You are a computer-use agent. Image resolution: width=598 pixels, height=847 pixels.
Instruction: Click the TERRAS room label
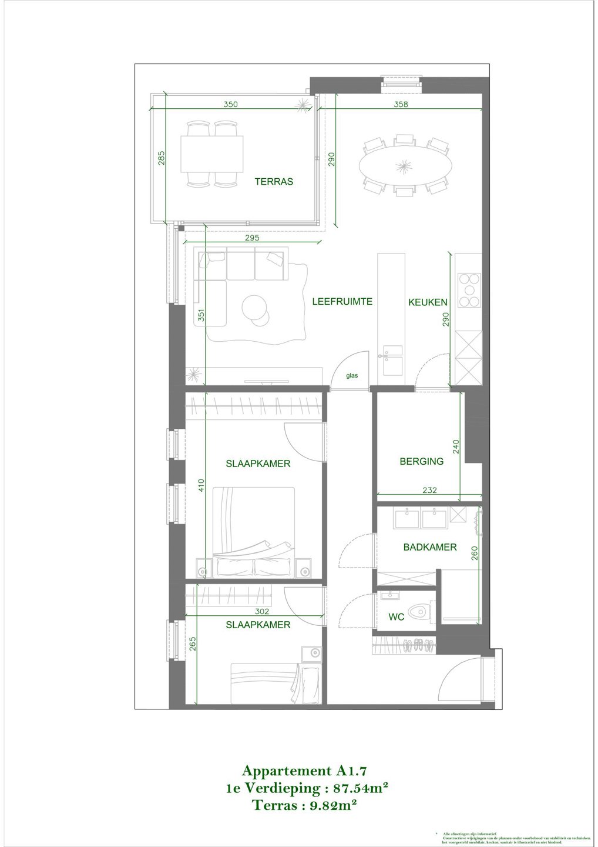click(274, 182)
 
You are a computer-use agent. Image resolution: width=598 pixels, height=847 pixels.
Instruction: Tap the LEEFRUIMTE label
click(342, 302)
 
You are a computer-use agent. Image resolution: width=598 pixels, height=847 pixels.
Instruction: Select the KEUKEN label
click(428, 302)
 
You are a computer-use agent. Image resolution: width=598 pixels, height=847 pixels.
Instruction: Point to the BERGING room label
click(421, 462)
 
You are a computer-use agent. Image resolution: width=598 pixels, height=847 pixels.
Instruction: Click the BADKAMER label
click(429, 547)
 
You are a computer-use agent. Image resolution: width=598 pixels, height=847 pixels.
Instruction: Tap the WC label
click(396, 618)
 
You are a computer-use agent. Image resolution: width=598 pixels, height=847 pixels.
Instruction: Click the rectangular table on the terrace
click(211, 154)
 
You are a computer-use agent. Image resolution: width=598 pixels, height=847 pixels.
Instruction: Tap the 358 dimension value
click(401, 105)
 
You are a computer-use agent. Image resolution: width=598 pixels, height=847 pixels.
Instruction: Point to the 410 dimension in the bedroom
click(201, 486)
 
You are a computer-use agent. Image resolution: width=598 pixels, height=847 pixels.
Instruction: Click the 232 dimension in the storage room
click(429, 490)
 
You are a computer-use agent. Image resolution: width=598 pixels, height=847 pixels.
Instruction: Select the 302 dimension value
click(254, 612)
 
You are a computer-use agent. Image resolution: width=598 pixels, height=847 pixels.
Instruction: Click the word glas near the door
click(352, 375)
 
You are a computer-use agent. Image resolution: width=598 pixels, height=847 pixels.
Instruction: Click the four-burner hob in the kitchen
click(468, 291)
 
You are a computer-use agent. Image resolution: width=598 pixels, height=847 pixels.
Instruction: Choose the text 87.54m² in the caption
click(360, 788)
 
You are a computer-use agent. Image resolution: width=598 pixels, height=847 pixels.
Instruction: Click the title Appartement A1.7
click(305, 771)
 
